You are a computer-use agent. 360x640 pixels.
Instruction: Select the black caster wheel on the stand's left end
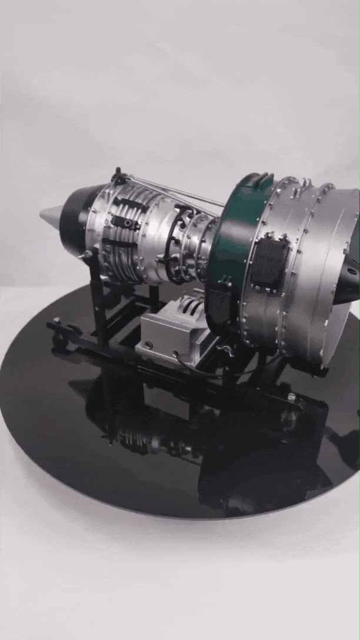point(59,341)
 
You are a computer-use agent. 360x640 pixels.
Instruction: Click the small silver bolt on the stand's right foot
point(291,398)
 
